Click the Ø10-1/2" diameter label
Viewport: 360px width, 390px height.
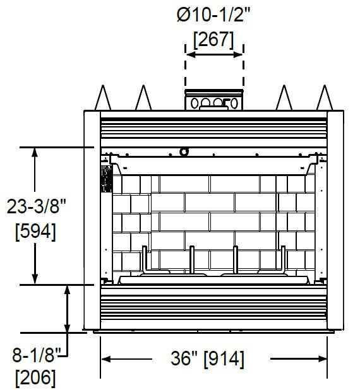click(213, 15)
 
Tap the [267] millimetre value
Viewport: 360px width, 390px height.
click(213, 40)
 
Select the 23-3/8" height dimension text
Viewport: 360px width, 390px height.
click(36, 206)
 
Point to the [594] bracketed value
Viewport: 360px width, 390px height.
click(35, 232)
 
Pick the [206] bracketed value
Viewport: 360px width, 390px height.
click(35, 378)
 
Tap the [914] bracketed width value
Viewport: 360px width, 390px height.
click(224, 359)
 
